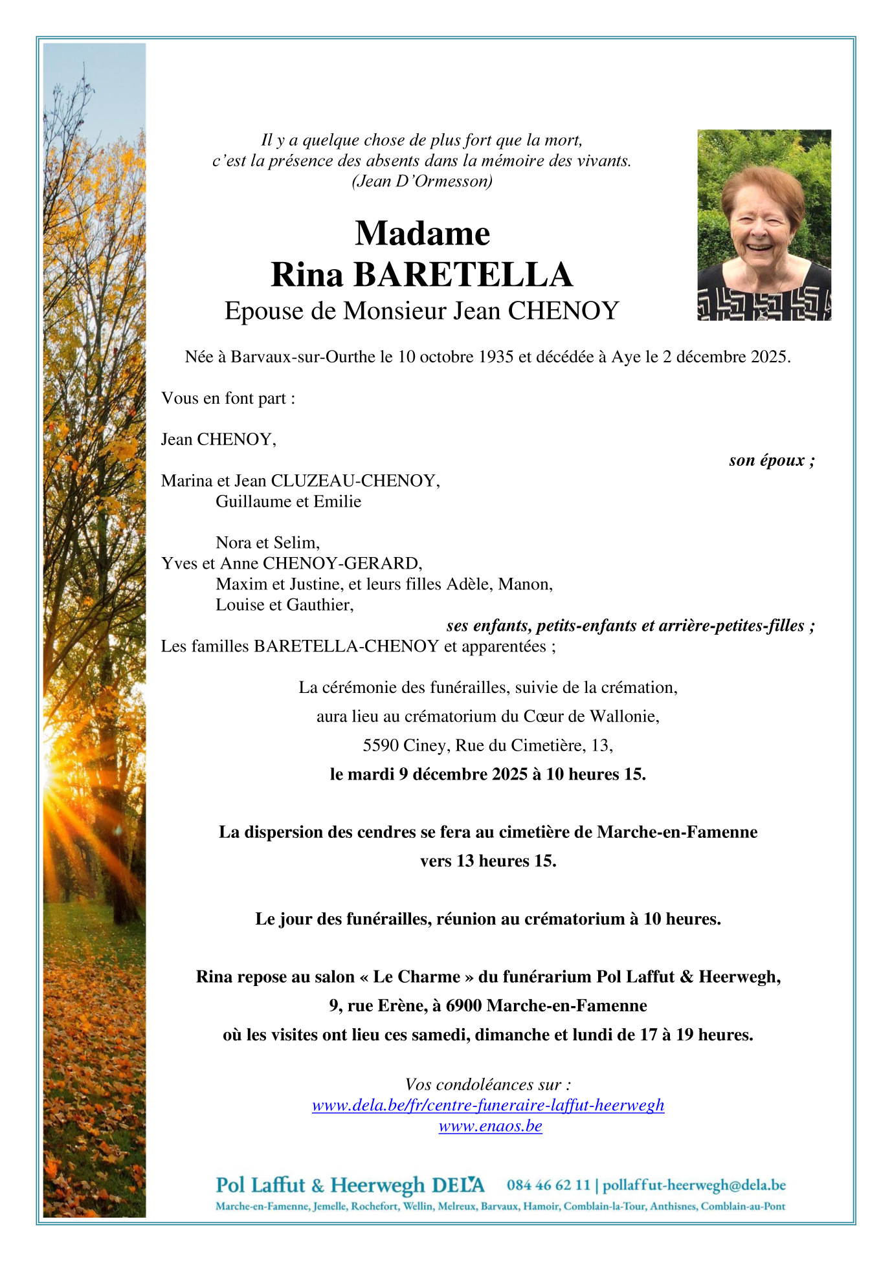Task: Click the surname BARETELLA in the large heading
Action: coord(463,275)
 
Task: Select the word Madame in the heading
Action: coord(422,234)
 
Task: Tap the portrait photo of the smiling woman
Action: coord(764,225)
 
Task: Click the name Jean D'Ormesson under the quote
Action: coord(422,181)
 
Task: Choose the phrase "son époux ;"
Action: coord(772,460)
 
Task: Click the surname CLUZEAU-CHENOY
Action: coord(355,481)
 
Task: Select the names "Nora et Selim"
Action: coord(267,542)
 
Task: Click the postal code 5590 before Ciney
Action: coord(381,745)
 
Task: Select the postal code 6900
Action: coord(463,1005)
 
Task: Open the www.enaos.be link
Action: coord(490,1126)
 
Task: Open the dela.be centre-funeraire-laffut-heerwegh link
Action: coord(488,1105)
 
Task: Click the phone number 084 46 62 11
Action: coord(548,1185)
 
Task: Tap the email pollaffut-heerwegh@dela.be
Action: coord(694,1185)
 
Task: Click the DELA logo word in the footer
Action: coord(458,1185)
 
